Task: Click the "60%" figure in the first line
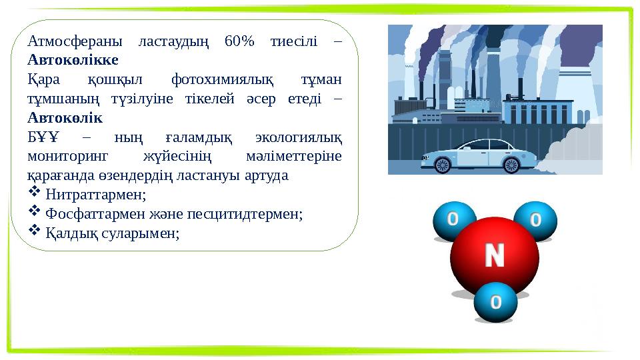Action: pos(240,41)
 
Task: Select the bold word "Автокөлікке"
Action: pos(73,60)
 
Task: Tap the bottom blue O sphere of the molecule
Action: pos(495,302)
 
